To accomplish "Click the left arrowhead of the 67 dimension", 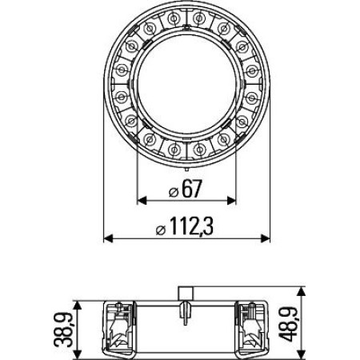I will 142,200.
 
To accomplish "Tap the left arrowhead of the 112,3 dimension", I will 110,238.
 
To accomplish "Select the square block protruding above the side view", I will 186,294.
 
